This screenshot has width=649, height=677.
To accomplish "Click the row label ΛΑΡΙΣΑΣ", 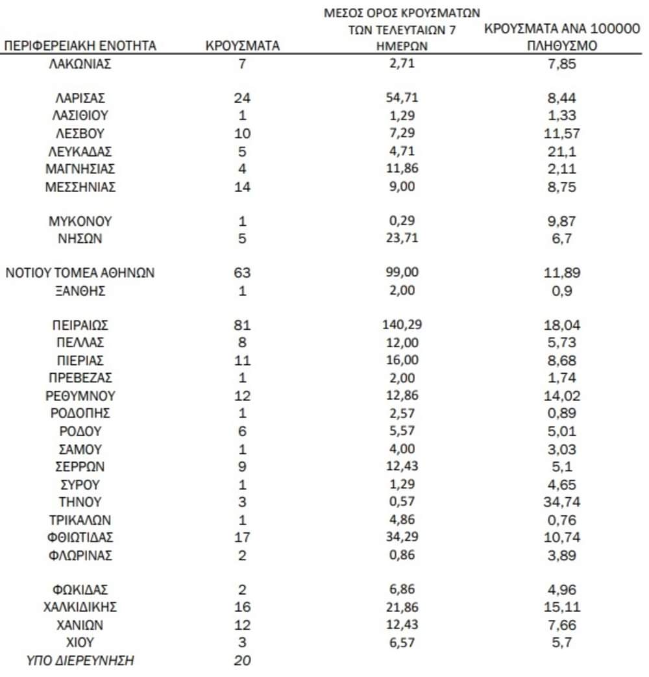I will (x=80, y=99).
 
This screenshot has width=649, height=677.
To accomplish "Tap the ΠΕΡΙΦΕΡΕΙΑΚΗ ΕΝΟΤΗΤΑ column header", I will (x=80, y=46).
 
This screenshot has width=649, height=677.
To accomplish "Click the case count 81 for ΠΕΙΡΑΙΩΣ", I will (x=242, y=325).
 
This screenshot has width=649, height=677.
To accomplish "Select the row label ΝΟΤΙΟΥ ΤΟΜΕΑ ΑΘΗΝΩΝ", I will (x=80, y=273).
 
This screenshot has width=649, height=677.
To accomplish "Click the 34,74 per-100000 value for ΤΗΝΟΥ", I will (x=559, y=502).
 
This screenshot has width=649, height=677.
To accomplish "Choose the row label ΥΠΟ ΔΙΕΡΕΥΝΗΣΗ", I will (x=80, y=661).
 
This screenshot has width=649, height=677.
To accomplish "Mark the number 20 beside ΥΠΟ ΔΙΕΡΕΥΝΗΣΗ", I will (x=242, y=661).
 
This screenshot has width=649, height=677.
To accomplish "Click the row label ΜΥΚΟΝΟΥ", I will (x=80, y=221).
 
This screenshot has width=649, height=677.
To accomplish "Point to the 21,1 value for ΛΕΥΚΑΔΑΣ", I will (x=559, y=151).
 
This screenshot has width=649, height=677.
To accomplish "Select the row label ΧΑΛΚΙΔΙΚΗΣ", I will (x=80, y=608).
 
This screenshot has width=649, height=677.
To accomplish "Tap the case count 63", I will (x=242, y=273).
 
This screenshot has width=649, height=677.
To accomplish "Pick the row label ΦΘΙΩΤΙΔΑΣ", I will (x=80, y=537).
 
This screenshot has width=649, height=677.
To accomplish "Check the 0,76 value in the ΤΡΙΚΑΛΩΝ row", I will (x=559, y=520).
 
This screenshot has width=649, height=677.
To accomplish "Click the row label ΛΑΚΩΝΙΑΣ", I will (x=80, y=64).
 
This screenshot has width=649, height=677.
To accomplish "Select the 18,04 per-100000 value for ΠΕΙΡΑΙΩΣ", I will (x=559, y=325).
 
